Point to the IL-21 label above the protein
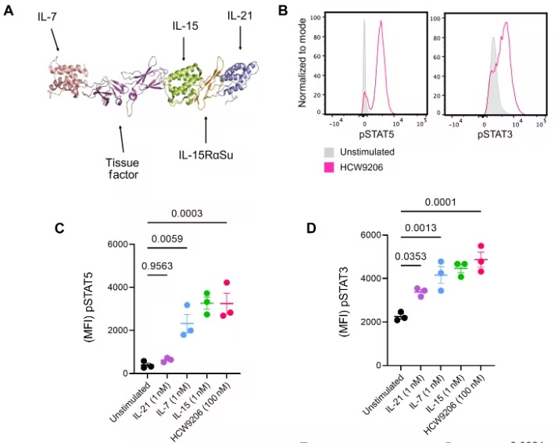240,16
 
